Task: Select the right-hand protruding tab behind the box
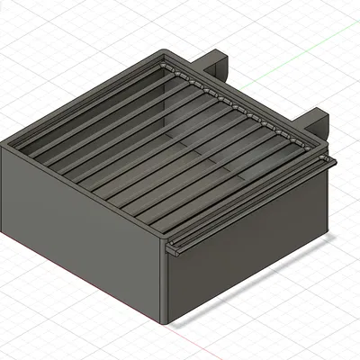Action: click(316, 119)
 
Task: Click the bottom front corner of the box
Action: click(167, 322)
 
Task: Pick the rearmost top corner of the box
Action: click(164, 52)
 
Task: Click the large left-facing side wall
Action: click(81, 243)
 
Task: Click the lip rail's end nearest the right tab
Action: click(331, 162)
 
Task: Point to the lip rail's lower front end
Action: click(172, 250)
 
